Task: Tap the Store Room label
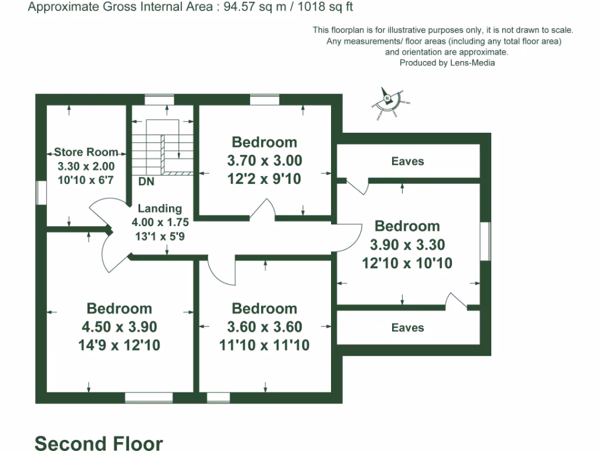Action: tap(86, 152)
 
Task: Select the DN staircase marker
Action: tap(146, 182)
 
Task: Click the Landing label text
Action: tap(160, 208)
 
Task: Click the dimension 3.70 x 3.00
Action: tap(264, 160)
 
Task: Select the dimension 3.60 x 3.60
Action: tap(264, 327)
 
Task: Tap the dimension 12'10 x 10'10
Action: tap(407, 263)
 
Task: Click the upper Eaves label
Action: tap(407, 161)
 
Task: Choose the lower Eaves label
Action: tap(407, 328)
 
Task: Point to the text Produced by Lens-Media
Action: tap(447, 63)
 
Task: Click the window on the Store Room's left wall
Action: tap(41, 193)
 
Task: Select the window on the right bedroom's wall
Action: tap(485, 241)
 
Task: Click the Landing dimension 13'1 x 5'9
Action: tap(160, 237)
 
